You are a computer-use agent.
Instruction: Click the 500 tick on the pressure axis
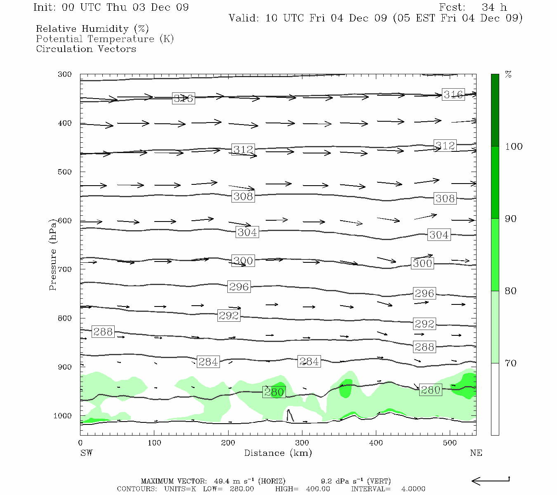(65, 172)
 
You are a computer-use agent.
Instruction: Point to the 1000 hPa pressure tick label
(63, 416)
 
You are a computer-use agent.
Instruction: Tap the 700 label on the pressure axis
(65, 269)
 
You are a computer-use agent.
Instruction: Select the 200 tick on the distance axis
(228, 443)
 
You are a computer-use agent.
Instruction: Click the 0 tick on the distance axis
(80, 443)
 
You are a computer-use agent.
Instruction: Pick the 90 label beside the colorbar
(511, 219)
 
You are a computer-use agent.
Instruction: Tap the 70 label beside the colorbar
(511, 363)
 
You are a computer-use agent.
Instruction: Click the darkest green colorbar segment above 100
(495, 110)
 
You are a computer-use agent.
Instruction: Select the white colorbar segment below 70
(495, 399)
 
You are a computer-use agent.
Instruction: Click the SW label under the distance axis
(86, 453)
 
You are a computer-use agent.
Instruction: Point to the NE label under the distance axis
(476, 453)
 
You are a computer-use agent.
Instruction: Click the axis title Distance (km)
(278, 453)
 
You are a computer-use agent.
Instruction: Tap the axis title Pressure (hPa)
(52, 255)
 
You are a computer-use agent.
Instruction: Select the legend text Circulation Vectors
(86, 49)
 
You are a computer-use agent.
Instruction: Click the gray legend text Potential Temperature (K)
(105, 39)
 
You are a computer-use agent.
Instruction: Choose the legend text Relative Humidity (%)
(92, 29)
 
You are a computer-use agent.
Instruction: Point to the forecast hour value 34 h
(494, 7)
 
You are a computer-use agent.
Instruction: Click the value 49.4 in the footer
(221, 481)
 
